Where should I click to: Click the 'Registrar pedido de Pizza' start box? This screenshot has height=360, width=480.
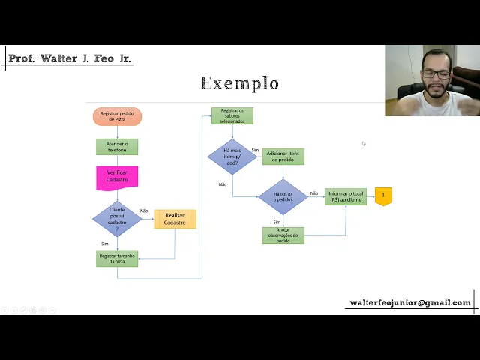point(117,116)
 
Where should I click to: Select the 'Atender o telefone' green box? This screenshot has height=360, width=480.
point(117,147)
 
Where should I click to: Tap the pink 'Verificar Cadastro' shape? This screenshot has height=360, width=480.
point(117,177)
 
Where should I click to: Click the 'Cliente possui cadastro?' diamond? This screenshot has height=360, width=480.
point(117,218)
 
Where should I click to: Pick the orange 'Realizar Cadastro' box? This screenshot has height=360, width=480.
point(175,219)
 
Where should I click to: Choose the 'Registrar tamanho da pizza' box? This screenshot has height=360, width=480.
point(117,258)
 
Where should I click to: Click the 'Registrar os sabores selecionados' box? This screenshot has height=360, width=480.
point(232,115)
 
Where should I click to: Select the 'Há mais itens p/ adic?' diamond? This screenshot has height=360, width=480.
point(232,157)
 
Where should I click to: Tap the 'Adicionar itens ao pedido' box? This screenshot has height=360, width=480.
point(283,157)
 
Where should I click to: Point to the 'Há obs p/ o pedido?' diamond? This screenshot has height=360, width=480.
point(283,196)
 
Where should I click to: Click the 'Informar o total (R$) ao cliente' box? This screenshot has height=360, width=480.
point(345,196)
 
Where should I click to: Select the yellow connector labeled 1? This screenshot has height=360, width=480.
point(383,196)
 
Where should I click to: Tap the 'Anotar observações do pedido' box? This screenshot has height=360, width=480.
point(283,235)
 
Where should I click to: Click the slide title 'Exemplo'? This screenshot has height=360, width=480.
point(240,83)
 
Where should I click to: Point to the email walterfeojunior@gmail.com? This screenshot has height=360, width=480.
point(410,303)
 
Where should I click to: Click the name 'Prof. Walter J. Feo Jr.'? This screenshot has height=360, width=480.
point(70,58)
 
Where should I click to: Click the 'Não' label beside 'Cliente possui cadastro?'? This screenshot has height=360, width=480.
point(144,211)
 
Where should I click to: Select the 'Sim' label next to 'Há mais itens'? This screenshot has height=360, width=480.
point(255,150)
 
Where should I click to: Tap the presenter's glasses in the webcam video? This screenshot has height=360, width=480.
point(436,74)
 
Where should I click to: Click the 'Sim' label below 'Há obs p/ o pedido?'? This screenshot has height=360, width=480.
point(277,222)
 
